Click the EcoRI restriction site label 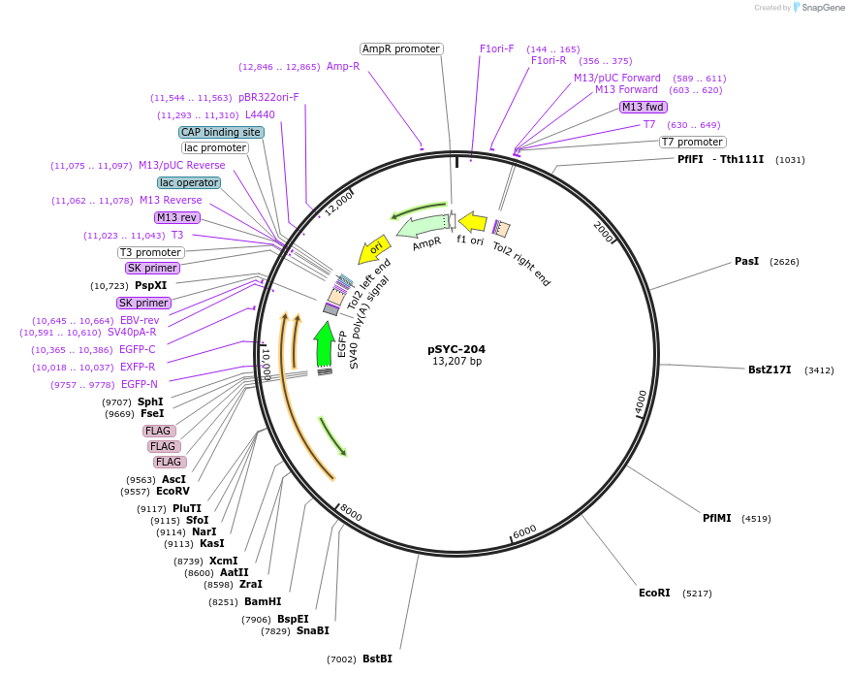pyautogui.click(x=654, y=593)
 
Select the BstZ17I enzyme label pyautogui.click(x=770, y=370)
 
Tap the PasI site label pyautogui.click(x=746, y=262)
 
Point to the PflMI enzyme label pyautogui.click(x=722, y=518)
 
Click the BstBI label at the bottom pyautogui.click(x=377, y=659)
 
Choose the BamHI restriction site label pyautogui.click(x=263, y=601)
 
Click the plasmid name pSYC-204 pyautogui.click(x=456, y=349)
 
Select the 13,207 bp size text pyautogui.click(x=456, y=362)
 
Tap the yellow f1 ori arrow pyautogui.click(x=472, y=222)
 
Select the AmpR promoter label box pyautogui.click(x=401, y=48)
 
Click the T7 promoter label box pyautogui.click(x=693, y=142)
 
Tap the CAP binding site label pyautogui.click(x=221, y=132)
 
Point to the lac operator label pyautogui.click(x=189, y=182)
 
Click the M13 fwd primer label pyautogui.click(x=644, y=107)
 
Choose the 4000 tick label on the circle pyautogui.click(x=641, y=402)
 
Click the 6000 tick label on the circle pyautogui.click(x=524, y=531)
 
